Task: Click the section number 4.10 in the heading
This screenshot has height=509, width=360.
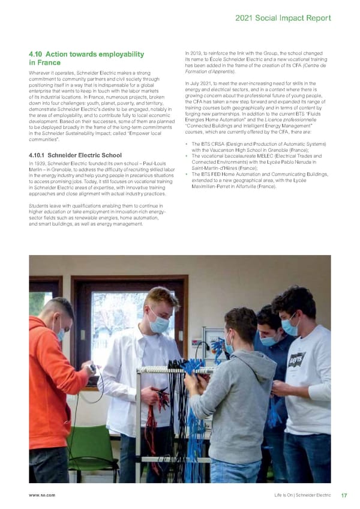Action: pos(37,55)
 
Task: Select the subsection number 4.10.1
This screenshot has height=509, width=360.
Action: pos(36,155)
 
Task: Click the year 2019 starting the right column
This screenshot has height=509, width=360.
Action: pos(197,55)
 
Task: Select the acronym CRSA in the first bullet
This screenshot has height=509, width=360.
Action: pos(219,143)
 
